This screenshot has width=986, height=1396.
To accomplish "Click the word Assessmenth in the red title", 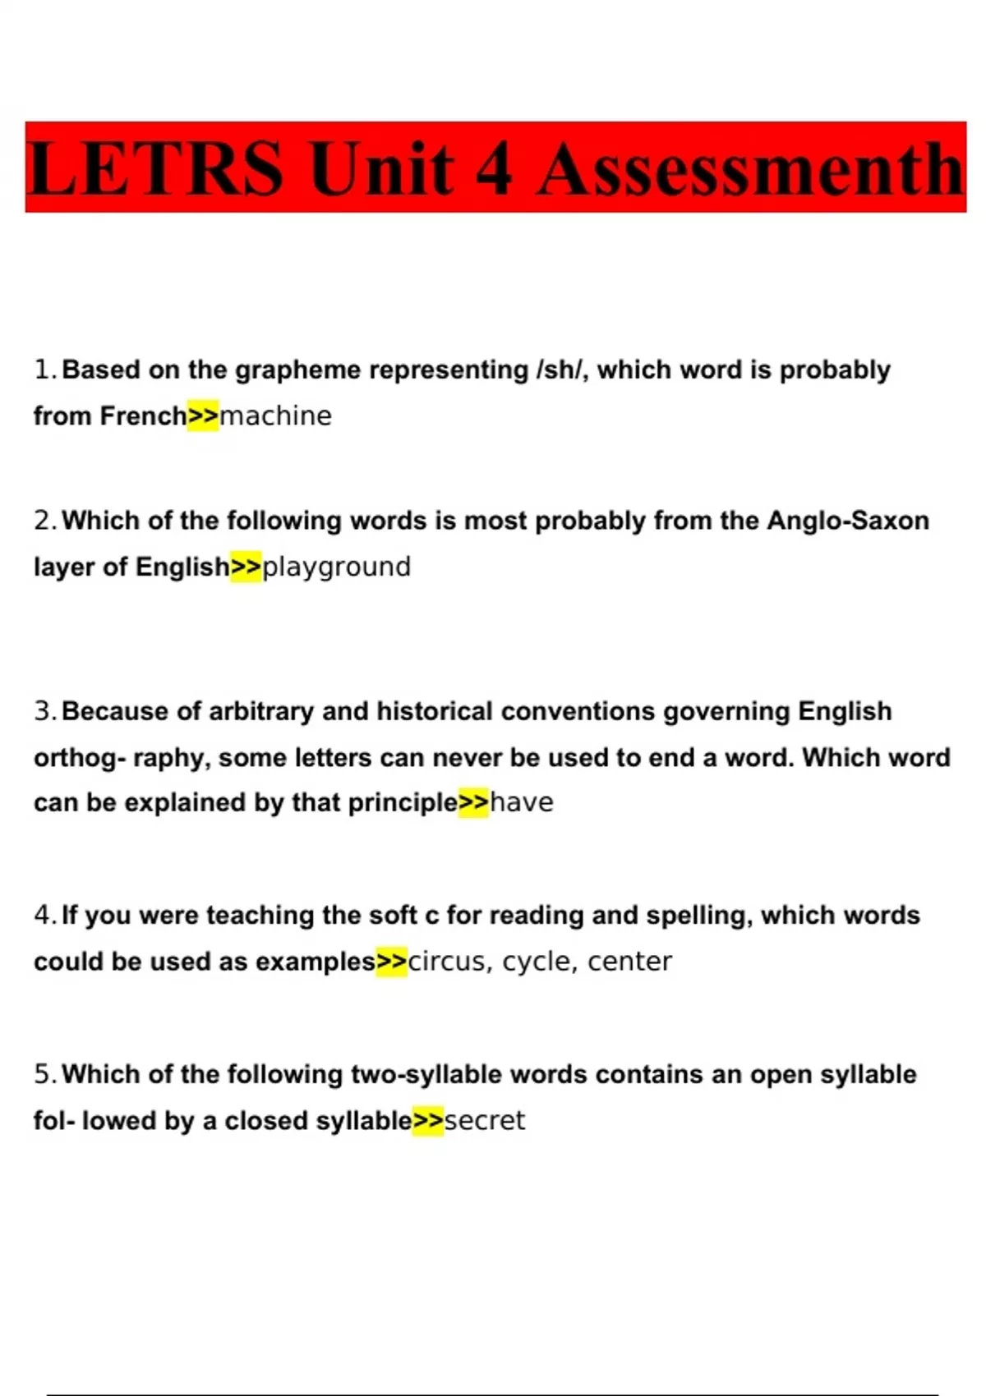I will tap(749, 169).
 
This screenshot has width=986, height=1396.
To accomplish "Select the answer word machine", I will tap(276, 416).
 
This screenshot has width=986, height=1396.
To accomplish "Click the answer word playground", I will tap(336, 567).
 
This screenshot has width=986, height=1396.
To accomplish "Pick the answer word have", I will tap(522, 802).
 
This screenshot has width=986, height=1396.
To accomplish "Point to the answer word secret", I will tap(485, 1120).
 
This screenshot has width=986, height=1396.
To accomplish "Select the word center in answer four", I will tap(629, 962).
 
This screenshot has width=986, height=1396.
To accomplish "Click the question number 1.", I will tap(44, 370).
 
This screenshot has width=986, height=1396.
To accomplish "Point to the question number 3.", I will tap(44, 711).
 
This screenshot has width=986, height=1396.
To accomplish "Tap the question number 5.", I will tap(44, 1074).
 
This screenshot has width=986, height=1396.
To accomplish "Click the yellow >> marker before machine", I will tap(203, 416).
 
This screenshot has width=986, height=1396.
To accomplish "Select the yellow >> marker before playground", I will tap(246, 567).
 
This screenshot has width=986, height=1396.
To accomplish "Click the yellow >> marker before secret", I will tap(428, 1120).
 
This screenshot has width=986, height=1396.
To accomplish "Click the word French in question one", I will tap(143, 416).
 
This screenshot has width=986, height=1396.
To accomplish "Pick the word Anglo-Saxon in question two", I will tap(848, 521).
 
